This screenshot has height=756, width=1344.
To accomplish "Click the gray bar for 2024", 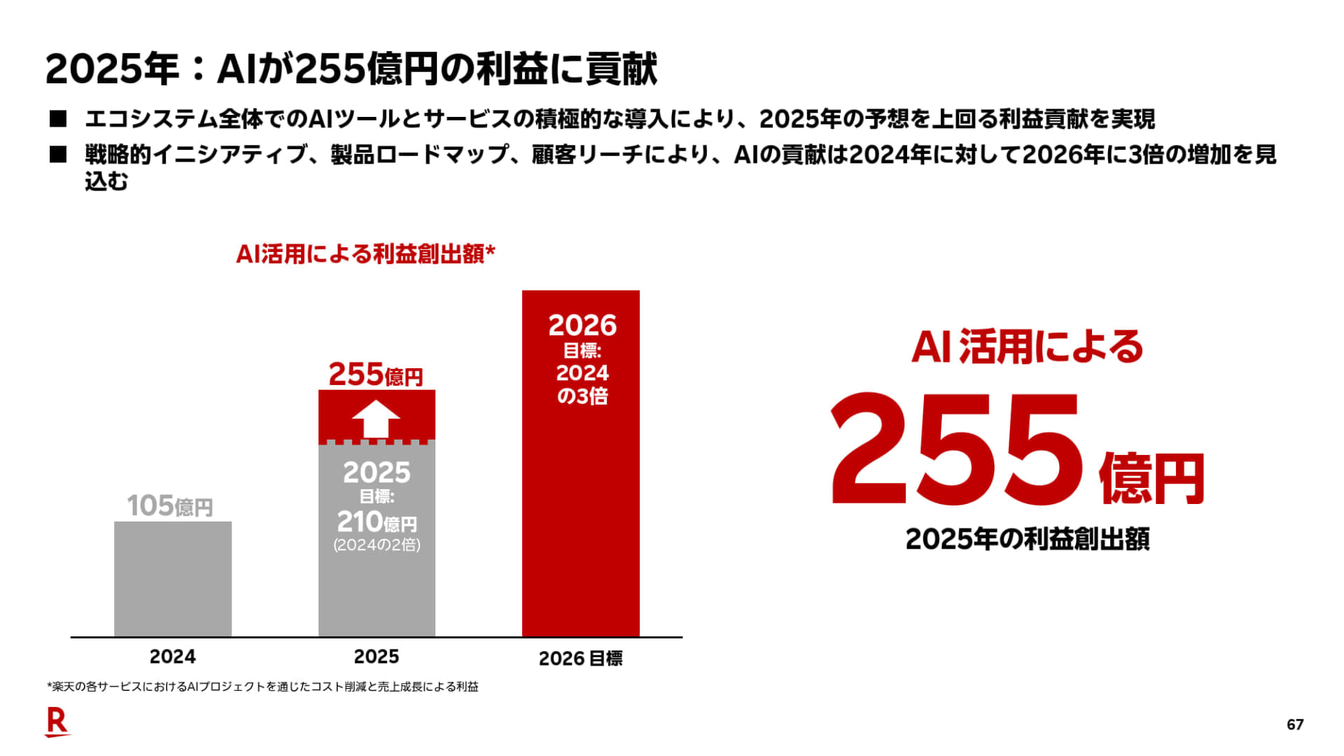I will (x=172, y=579).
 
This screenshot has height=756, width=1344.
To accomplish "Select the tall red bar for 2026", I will (x=580, y=518).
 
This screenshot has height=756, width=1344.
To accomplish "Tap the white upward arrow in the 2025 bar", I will (x=376, y=419).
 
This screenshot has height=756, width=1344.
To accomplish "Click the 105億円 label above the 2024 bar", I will (x=170, y=505).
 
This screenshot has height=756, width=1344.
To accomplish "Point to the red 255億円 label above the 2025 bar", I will (x=376, y=374).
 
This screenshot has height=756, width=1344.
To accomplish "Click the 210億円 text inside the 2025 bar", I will (x=377, y=522).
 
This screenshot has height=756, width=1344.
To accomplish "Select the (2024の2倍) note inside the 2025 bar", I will (x=377, y=545).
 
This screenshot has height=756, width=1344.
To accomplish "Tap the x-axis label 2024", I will (x=172, y=657).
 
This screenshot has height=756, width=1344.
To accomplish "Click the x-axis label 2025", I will (x=376, y=657).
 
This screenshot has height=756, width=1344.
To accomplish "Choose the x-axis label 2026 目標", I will (x=580, y=659).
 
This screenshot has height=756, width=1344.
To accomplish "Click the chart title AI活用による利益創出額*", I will (x=365, y=253).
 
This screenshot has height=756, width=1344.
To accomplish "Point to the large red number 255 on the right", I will (x=955, y=450).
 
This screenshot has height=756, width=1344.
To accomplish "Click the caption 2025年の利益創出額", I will (x=1027, y=539).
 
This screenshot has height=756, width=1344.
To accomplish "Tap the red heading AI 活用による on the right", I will (x=1027, y=347).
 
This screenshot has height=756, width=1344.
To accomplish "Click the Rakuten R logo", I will (x=57, y=722).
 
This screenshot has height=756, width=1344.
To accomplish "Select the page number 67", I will (x=1295, y=724).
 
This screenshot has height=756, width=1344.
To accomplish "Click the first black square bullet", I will (x=58, y=119).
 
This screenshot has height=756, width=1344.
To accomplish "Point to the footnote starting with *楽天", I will (x=262, y=687).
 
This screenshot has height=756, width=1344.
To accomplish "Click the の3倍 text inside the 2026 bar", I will (x=582, y=396).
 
